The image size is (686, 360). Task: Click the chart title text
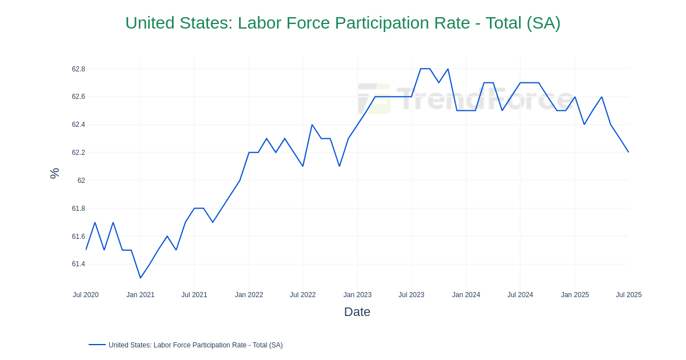pyautogui.click(x=342, y=23)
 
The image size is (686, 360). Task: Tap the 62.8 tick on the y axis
pyautogui.click(x=78, y=69)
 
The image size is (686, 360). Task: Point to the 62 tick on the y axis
pyautogui.click(x=81, y=181)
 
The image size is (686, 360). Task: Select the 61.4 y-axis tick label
pyautogui.click(x=78, y=264)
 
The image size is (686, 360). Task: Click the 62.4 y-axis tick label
pyautogui.click(x=78, y=125)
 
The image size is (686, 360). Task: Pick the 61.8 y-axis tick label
pyautogui.click(x=78, y=209)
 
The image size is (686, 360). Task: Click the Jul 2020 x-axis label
pyautogui.click(x=86, y=295)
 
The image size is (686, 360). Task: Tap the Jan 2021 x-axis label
pyautogui.click(x=140, y=295)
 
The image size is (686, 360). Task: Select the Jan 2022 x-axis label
pyautogui.click(x=249, y=295)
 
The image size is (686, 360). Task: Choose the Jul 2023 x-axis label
pyautogui.click(x=411, y=295)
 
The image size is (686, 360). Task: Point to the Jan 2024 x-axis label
pyautogui.click(x=466, y=295)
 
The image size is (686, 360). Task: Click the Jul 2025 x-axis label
pyautogui.click(x=628, y=295)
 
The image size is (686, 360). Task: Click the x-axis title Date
pyautogui.click(x=357, y=312)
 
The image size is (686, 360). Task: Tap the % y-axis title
pyautogui.click(x=54, y=173)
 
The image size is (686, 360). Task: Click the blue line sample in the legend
pyautogui.click(x=97, y=345)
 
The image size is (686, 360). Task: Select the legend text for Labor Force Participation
pyautogui.click(x=196, y=345)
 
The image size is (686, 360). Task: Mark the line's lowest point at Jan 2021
pyautogui.click(x=140, y=278)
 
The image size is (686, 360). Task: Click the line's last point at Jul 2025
pyautogui.click(x=628, y=152)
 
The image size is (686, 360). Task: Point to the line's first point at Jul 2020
pyautogui.click(x=86, y=250)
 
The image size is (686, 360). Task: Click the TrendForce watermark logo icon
pyautogui.click(x=374, y=98)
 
